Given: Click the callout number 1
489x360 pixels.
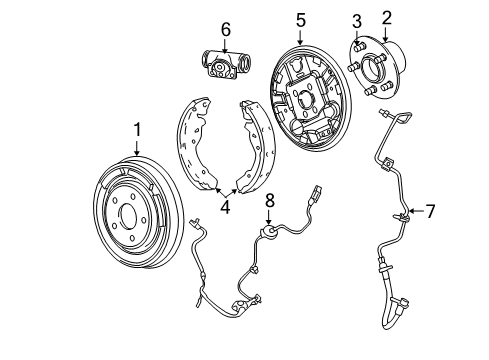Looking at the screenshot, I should [138, 128].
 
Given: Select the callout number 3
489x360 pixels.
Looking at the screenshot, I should [356, 21].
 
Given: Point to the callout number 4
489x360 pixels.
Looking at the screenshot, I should [226, 208].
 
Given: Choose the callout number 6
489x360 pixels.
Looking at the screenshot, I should [226, 29].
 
